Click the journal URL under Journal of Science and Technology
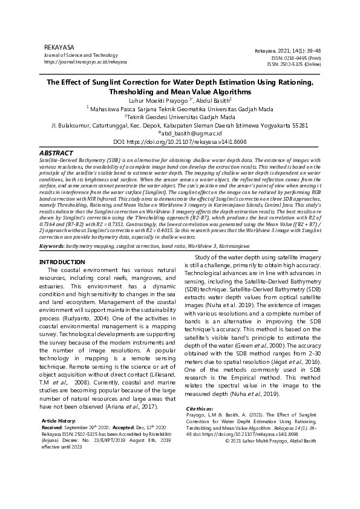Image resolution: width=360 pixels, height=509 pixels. [85, 62]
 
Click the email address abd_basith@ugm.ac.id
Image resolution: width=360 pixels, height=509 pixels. [180, 134]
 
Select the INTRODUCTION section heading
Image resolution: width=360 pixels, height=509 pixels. [62, 279]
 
